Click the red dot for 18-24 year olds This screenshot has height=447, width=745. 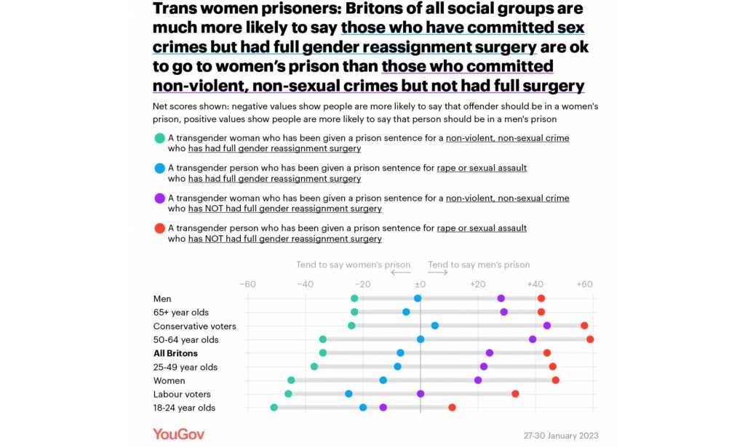point(452,407)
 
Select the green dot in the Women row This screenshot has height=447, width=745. point(291,380)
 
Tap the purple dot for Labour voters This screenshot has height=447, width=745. point(421,393)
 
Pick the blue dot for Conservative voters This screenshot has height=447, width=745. point(435,326)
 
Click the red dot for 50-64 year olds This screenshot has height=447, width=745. point(590,339)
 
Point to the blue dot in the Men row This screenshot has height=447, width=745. point(418,298)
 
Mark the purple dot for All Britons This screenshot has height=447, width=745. point(490,353)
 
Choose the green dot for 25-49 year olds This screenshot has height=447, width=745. point(314,366)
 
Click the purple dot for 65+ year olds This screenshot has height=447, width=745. point(504,312)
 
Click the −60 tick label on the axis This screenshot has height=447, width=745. point(248,284)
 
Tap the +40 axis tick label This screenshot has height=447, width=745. point(535,284)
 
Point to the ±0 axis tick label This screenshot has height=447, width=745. point(420,284)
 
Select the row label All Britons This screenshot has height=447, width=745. point(175,353)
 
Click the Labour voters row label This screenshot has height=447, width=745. point(182,394)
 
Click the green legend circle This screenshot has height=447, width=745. point(159,138)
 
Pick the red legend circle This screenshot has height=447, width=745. point(159,228)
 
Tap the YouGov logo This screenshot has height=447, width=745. point(179,434)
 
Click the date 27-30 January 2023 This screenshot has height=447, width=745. point(561,435)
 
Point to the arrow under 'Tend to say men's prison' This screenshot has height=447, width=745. point(438,273)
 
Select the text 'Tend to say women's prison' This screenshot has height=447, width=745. point(353,265)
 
